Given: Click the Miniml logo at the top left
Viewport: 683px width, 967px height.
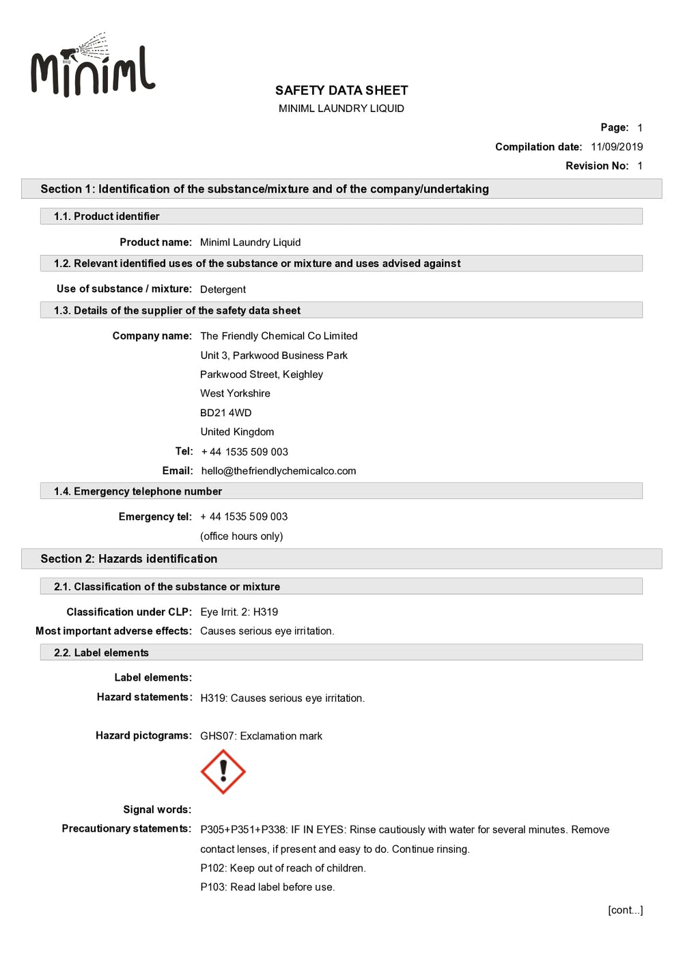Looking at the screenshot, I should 93,67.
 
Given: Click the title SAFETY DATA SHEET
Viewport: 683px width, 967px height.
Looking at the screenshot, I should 341,90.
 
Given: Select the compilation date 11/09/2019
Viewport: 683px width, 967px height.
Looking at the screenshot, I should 616,147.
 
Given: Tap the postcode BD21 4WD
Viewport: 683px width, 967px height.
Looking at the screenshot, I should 225,413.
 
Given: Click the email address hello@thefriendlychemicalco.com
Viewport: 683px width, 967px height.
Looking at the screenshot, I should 278,471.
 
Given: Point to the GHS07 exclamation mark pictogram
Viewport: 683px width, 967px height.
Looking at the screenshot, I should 223,772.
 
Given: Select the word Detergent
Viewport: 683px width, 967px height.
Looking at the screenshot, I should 223,290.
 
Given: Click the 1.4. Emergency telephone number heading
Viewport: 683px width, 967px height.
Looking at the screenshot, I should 138,491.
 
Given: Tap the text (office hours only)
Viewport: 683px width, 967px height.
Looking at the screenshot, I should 241,536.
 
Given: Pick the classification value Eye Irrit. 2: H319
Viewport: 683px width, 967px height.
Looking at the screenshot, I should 239,612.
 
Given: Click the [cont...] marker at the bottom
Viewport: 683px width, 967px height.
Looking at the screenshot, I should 625,910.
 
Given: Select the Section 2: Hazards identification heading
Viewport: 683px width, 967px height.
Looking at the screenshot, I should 129,559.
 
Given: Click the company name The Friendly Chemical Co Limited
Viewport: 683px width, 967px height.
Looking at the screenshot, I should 279,336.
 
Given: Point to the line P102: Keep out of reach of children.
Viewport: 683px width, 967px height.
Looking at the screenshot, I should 283,869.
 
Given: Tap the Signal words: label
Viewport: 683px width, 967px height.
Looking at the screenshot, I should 157,810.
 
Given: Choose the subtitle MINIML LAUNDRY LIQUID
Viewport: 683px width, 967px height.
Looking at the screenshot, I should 341,109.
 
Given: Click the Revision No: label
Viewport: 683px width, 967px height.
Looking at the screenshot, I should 596,166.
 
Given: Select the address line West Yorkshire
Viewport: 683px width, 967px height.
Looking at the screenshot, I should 235,394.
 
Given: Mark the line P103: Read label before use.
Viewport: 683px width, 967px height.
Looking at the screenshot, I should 267,888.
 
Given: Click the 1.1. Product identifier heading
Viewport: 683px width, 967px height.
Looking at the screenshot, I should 107,217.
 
